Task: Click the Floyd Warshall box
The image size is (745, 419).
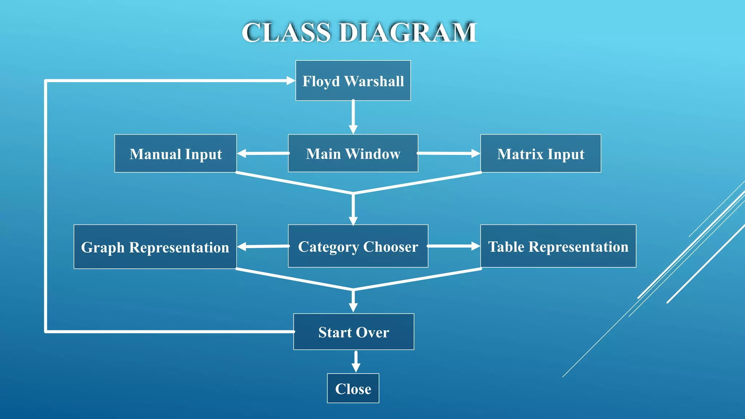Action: point(353,80)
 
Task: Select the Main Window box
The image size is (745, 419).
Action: point(353,153)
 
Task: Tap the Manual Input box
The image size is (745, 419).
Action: point(175,153)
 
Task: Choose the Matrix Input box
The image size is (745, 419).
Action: point(541,153)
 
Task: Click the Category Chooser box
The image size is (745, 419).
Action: point(358,246)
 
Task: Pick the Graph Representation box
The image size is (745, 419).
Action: point(155,247)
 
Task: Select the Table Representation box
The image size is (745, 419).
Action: point(558,246)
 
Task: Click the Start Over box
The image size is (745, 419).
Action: point(354,332)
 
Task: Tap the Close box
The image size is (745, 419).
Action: point(353,388)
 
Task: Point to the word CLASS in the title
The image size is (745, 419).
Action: point(286,33)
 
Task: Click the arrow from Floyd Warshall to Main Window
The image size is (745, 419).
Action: point(353,116)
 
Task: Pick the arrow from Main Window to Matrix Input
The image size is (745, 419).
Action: point(448,153)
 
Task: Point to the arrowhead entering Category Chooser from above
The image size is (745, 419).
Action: point(353,221)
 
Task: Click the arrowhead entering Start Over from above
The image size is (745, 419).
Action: point(353,308)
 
